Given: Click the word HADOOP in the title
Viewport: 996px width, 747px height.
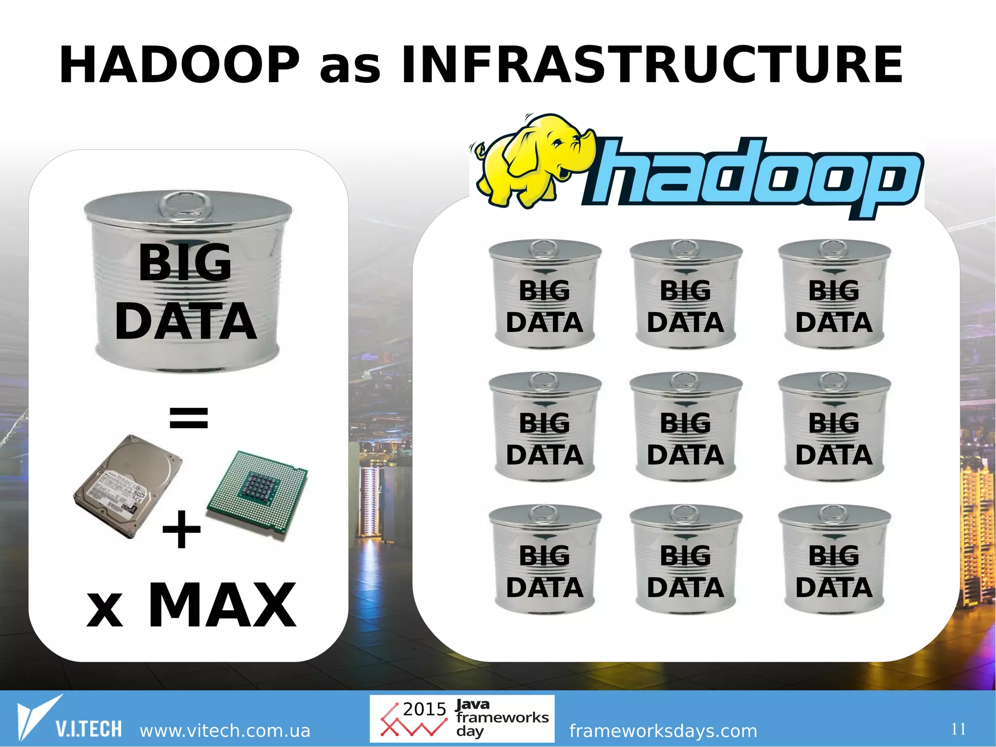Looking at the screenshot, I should [x=179, y=65].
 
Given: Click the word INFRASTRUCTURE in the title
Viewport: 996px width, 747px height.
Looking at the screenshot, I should [x=652, y=65].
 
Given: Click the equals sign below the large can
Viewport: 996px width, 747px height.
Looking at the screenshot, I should [x=189, y=418].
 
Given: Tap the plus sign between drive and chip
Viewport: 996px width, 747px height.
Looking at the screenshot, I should [x=181, y=529].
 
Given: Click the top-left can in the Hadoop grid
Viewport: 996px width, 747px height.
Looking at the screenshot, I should [x=545, y=294].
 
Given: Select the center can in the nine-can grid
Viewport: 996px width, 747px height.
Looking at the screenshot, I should [x=686, y=427].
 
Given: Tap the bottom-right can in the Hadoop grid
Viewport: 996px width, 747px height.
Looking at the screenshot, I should [x=834, y=560].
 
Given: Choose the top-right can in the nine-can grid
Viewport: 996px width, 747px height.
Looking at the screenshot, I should [x=834, y=294].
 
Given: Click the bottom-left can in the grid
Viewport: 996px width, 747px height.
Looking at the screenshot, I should [x=545, y=560].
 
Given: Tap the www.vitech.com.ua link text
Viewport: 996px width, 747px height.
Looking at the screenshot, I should [x=225, y=730].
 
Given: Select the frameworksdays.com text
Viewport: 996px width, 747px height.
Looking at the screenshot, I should [x=663, y=730].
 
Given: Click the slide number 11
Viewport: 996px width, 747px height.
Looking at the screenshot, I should [x=959, y=729].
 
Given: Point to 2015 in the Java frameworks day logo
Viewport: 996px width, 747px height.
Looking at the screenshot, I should [x=425, y=709].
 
